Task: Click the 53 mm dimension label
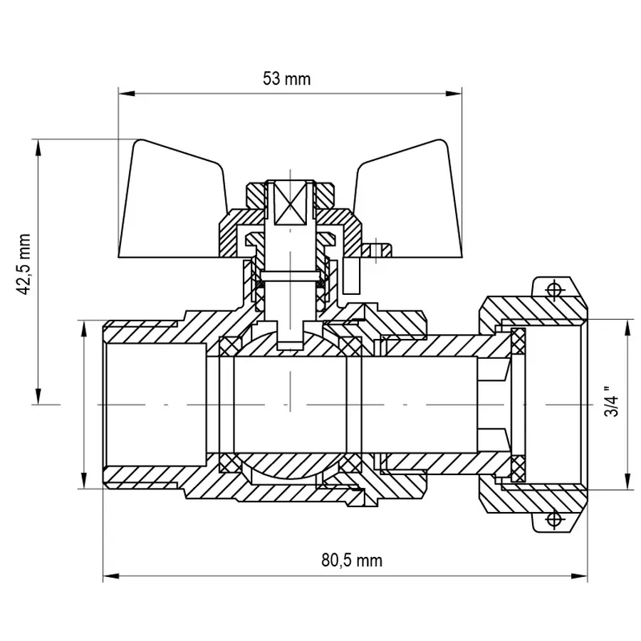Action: (286, 79)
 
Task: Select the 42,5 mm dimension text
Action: (26, 264)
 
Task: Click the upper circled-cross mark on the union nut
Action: (553, 289)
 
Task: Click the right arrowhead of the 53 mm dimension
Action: (455, 93)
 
